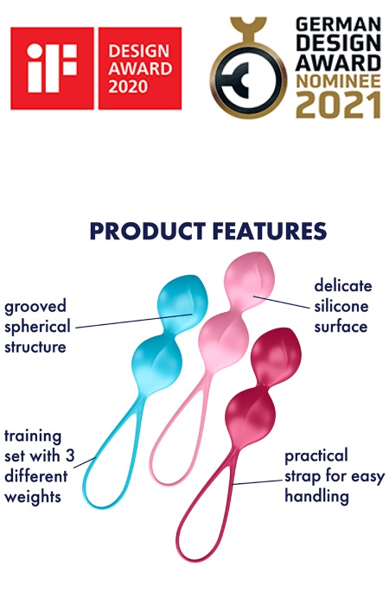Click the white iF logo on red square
(52, 68)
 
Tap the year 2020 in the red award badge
(128, 86)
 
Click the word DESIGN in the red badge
(138, 51)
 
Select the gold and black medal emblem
(249, 68)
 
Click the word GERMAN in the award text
(338, 25)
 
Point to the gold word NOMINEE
(338, 81)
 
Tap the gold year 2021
(338, 105)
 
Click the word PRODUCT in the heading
(148, 231)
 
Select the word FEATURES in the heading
(270, 231)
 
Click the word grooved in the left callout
(35, 307)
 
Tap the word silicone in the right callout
(341, 306)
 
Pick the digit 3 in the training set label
(70, 456)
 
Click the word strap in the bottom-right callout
(303, 477)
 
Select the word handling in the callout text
(317, 495)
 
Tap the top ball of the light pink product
(249, 278)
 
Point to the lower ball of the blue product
(156, 365)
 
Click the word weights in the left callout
(33, 497)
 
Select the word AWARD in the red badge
(140, 68)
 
